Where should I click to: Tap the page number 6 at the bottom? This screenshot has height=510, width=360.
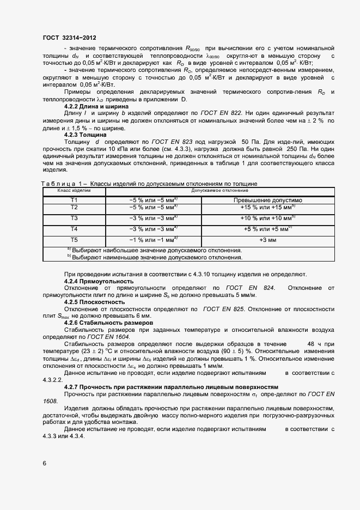(x=45, y=463)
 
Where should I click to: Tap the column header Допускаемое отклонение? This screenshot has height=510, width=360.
(x=219, y=191)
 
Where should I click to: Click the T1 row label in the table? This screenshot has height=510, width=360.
(x=74, y=200)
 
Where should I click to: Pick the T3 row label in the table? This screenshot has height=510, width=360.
(x=74, y=218)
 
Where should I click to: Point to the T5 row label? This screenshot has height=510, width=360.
(x=74, y=240)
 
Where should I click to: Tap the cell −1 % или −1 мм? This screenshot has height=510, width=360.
(x=153, y=240)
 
